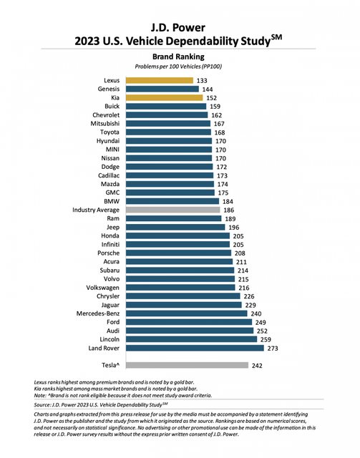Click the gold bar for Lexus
click(160, 80)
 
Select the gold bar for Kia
click(164, 97)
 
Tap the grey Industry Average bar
click(172, 210)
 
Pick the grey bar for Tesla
click(187, 365)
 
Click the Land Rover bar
click(195, 348)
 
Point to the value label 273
click(273, 349)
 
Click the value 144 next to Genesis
click(208, 89)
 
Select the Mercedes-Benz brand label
click(98, 313)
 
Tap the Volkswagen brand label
click(102, 288)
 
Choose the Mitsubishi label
click(105, 124)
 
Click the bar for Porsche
click(178, 253)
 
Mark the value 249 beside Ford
click(261, 323)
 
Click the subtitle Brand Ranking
click(178, 57)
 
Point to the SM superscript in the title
click(276, 37)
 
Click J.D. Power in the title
click(178, 28)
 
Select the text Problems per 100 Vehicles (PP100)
click(178, 67)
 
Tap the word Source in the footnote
click(42, 405)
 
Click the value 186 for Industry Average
click(229, 210)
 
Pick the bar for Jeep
click(175, 227)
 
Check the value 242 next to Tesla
click(257, 366)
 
